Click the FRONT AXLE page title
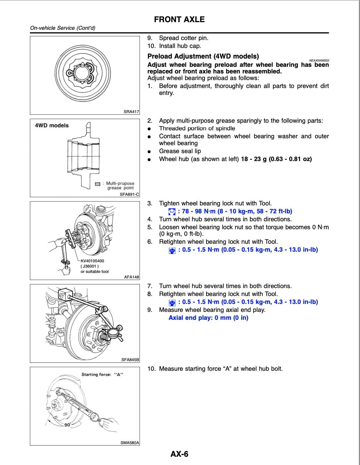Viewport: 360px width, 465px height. point(179,20)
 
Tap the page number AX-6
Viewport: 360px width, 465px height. point(179,454)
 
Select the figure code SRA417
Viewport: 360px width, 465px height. point(131,112)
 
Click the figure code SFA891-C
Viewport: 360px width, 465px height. point(129,194)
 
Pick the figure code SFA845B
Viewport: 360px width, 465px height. point(130,359)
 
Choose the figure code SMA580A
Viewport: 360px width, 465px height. point(130,443)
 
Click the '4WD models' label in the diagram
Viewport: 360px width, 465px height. point(52,125)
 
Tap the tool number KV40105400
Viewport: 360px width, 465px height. point(92,261)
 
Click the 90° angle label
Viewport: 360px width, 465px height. point(68,425)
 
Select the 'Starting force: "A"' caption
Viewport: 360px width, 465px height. point(102,374)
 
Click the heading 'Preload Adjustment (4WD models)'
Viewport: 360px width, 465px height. point(203,56)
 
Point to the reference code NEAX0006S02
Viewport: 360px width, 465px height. point(319,61)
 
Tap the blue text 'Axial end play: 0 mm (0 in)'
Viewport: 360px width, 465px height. point(208,318)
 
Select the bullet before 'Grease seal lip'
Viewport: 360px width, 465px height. point(150,151)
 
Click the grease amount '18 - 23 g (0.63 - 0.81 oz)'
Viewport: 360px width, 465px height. point(277,159)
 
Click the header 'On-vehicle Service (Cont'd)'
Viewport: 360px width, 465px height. point(63,28)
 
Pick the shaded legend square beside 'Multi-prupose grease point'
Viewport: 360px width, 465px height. point(98,184)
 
